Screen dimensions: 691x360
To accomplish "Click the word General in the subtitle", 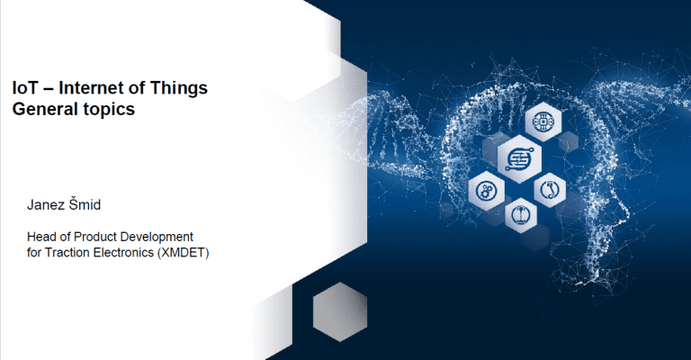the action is coord(43,109).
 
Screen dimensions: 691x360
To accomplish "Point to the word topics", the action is coord(107,110).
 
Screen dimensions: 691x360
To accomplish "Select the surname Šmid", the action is coord(85,204).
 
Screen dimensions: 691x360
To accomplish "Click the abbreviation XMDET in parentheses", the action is coord(184,253).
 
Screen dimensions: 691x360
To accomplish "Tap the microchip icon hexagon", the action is coord(543,121).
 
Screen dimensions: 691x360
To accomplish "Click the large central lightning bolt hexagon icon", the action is coord(519,158).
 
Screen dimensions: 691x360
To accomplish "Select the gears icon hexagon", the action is coord(486,192).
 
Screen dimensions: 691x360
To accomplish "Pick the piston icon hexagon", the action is coord(549,190).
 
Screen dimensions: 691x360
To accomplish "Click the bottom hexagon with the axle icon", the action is coord(520,215).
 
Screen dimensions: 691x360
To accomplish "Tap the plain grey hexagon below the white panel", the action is coord(340,312).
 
